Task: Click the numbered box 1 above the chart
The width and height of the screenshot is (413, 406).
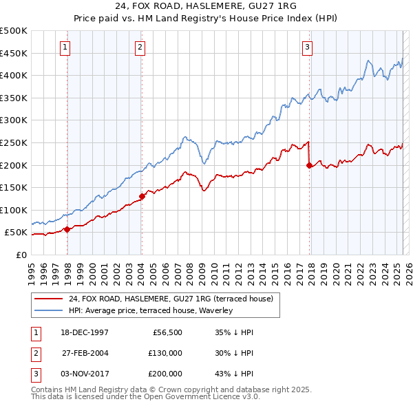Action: pos(65,47)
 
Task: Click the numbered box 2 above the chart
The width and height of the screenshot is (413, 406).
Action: pos(140,47)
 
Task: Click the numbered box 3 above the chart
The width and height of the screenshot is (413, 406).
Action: pos(307,47)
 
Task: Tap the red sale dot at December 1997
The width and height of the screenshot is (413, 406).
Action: pos(67,230)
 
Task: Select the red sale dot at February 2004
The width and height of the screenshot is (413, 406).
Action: pos(142,196)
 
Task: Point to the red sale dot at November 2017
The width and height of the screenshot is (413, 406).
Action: pos(309,165)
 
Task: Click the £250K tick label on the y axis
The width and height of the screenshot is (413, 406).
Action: pos(14,142)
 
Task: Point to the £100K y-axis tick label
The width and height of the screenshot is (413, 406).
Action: pos(14,210)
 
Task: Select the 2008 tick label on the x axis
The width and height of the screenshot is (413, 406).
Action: pos(190,268)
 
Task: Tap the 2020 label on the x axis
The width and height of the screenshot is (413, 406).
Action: pos(335,268)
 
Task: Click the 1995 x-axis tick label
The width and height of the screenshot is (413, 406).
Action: pos(32,268)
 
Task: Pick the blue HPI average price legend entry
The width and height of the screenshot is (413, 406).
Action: pos(151,310)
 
